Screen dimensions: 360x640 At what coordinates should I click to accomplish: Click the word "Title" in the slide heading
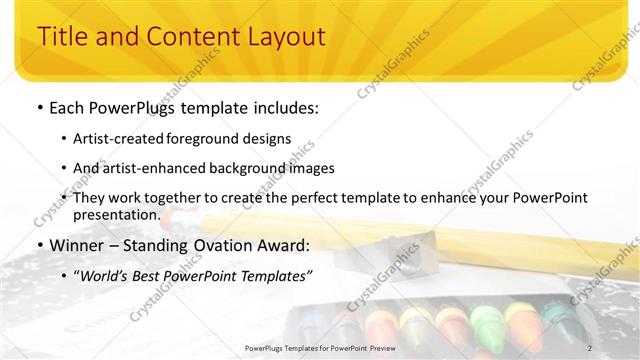(61, 37)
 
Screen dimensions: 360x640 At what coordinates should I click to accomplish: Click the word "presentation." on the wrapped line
(116, 214)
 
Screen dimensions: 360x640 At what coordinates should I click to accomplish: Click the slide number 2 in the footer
(590, 348)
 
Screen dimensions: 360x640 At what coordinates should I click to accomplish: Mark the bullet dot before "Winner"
(39, 245)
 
